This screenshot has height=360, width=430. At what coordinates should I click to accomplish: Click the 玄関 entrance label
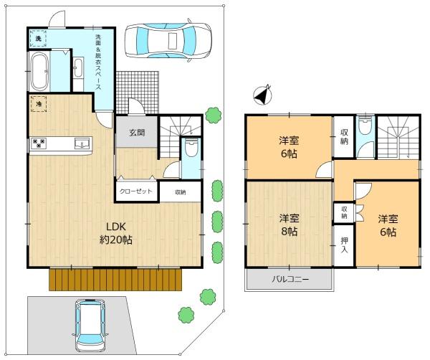(x=137, y=133)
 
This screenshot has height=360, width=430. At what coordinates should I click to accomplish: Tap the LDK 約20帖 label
(x=116, y=233)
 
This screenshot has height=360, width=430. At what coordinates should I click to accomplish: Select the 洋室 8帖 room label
(x=289, y=225)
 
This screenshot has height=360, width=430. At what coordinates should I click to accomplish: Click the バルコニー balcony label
(x=290, y=280)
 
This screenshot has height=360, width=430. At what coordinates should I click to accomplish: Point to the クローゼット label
(x=136, y=191)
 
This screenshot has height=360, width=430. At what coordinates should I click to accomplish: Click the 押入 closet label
(x=344, y=245)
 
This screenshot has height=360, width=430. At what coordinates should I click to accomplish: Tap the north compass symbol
(x=262, y=95)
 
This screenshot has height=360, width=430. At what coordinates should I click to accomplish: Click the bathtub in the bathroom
(x=39, y=71)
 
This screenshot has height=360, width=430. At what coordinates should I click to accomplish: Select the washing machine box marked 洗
(x=38, y=39)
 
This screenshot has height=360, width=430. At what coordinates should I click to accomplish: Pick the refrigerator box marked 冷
(x=39, y=104)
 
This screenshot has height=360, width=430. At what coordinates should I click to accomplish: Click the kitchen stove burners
(x=39, y=143)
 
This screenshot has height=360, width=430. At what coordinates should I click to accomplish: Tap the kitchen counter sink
(x=82, y=143)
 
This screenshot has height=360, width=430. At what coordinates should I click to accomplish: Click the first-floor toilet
(x=191, y=148)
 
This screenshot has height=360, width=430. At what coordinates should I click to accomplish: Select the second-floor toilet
(x=365, y=125)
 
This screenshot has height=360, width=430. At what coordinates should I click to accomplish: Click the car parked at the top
(x=168, y=41)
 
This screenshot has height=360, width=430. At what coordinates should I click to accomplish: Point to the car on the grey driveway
(x=90, y=326)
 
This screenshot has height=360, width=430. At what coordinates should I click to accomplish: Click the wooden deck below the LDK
(x=115, y=280)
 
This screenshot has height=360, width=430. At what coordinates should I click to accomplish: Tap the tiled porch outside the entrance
(x=138, y=93)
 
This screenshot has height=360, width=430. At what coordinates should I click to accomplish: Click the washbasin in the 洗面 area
(x=78, y=67)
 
